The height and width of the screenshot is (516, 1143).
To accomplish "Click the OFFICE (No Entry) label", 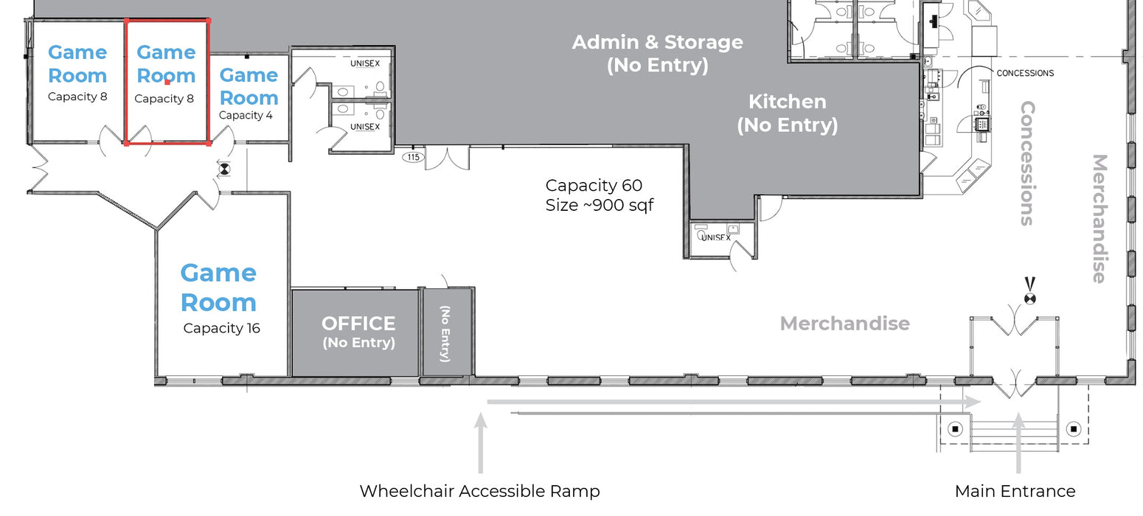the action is point(358,332).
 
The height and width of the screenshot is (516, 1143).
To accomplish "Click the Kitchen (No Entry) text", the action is point(788,114).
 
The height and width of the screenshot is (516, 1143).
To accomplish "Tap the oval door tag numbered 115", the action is point(413,157).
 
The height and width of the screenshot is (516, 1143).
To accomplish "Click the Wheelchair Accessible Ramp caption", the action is point(479,491).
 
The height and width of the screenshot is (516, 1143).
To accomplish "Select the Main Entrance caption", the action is point(1015,491).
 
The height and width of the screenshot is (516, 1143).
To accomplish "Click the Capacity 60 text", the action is point(594,185).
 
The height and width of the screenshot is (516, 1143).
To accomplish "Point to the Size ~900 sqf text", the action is point(599,205).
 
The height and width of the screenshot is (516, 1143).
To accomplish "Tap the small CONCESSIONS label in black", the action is point(1025,73).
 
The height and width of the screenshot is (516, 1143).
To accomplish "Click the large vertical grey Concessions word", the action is point(1027,163).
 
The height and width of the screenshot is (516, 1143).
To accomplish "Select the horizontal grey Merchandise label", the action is point(844,324).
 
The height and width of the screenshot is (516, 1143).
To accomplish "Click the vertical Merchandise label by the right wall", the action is point(1099,219).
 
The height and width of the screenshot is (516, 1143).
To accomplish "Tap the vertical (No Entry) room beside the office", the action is point(445,333).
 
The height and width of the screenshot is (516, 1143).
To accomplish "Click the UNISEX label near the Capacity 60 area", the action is point(716,237).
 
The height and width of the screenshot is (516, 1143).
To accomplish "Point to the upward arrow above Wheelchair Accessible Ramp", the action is point(480,443).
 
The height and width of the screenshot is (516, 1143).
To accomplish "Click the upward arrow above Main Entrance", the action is point(1018,443).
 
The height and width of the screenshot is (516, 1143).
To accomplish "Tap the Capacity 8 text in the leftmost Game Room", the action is point(77,97).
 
